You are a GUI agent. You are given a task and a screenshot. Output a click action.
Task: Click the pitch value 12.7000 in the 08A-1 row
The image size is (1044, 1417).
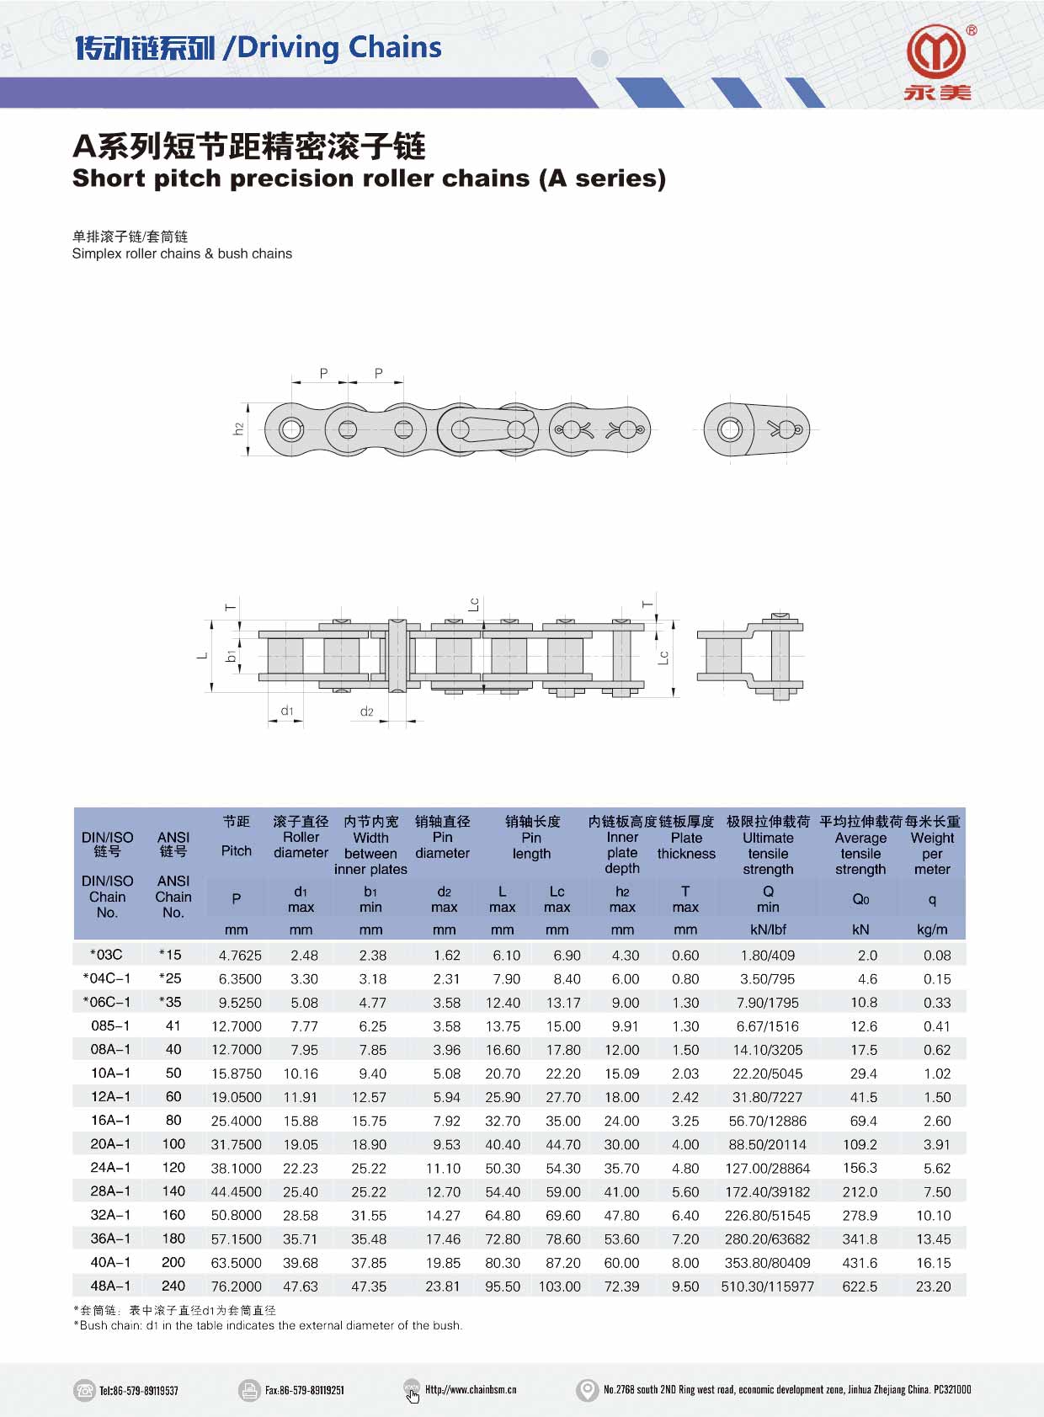tap(236, 1050)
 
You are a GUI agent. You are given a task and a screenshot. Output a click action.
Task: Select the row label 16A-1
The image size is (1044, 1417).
tap(110, 1121)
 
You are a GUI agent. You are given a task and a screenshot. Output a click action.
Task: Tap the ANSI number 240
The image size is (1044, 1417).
tap(173, 1286)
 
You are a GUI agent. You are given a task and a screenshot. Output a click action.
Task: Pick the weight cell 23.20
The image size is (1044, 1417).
tap(933, 1286)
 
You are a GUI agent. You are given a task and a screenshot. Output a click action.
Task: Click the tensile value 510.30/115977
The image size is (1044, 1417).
tap(767, 1286)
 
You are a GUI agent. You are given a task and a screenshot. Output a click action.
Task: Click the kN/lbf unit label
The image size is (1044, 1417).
tap(767, 930)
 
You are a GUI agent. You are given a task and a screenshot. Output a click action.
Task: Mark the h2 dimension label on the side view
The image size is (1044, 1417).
tap(238, 429)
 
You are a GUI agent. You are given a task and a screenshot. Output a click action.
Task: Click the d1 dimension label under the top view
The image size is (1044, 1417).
tap(287, 711)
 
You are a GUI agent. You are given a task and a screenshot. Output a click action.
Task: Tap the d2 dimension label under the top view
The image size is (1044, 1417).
tap(367, 711)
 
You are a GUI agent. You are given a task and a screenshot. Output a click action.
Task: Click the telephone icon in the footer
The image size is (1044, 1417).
tap(84, 1390)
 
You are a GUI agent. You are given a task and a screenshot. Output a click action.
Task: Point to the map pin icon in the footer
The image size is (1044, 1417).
tap(586, 1390)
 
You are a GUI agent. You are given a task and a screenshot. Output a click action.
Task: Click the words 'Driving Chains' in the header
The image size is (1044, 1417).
tap(339, 48)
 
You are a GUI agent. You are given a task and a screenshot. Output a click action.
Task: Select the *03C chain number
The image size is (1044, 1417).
tap(107, 955)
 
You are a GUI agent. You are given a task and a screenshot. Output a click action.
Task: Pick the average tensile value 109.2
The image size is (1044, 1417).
tap(860, 1145)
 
